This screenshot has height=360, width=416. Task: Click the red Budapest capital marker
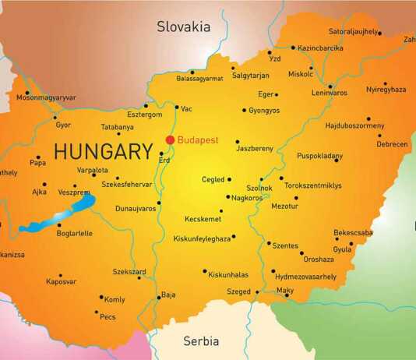point(170,140)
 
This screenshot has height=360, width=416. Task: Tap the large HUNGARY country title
point(103,150)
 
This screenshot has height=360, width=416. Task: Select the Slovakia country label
point(184,26)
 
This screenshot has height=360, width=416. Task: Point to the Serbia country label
point(201,341)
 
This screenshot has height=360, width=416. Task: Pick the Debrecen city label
point(392,144)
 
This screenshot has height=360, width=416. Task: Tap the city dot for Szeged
point(256,292)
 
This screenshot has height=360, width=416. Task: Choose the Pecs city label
point(108,317)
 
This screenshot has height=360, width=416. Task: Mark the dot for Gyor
point(55,118)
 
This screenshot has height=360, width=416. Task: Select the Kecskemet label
point(203,219)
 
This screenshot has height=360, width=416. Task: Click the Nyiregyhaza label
point(386,90)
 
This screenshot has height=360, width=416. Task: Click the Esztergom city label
point(144,114)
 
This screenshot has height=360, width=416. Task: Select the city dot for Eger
point(276,94)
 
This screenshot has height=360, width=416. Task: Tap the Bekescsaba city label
point(353,232)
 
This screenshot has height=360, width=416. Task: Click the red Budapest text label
point(198,140)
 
